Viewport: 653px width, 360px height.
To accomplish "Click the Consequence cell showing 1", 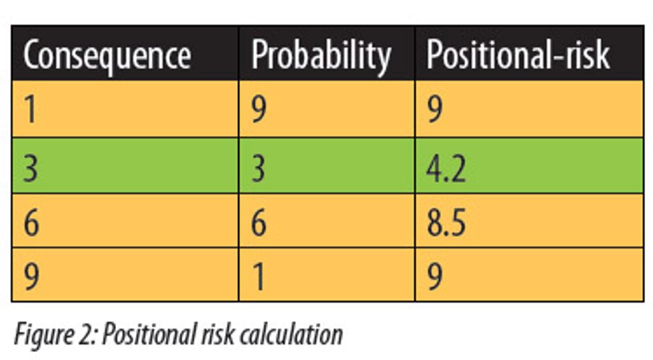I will [30, 110].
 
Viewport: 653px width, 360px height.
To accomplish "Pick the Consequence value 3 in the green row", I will [31, 167].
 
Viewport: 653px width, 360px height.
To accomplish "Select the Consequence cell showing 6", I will [31, 223].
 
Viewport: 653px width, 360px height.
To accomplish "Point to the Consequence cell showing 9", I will [31, 276].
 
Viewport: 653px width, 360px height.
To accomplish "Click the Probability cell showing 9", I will [259, 110].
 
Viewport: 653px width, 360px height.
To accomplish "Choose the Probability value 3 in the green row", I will [259, 167].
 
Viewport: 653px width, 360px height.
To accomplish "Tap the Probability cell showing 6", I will [259, 223].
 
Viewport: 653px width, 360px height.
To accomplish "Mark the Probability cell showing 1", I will [259, 276].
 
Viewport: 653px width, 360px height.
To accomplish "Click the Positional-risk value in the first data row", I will [434, 110].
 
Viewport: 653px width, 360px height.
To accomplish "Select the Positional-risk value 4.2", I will [446, 167].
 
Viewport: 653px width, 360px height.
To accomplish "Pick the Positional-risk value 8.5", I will [446, 223].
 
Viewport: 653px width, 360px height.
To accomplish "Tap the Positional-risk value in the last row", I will [434, 276].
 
